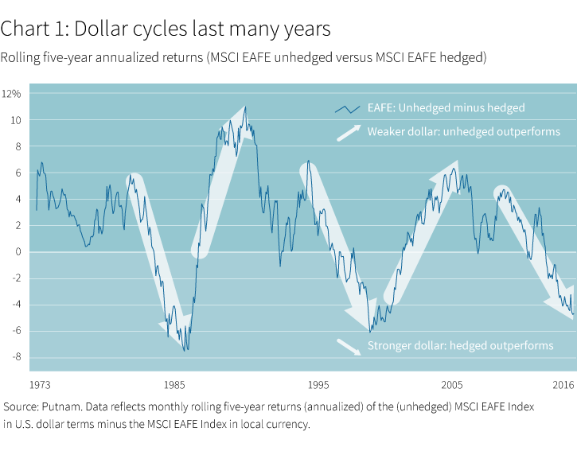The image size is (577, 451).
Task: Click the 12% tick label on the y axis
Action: click(x=11, y=94)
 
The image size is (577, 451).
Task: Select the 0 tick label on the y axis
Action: click(x=17, y=252)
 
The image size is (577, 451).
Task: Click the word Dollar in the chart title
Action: click(x=88, y=30)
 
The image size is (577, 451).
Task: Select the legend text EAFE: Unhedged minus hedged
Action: click(x=446, y=108)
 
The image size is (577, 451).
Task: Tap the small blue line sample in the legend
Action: click(x=348, y=108)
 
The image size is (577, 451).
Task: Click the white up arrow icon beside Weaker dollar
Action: click(x=348, y=132)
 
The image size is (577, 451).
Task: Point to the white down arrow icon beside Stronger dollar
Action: click(x=348, y=345)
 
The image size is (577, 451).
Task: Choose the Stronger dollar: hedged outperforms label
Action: click(x=460, y=345)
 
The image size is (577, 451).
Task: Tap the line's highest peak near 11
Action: click(x=245, y=107)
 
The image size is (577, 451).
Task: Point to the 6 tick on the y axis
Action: click(x=17, y=173)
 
